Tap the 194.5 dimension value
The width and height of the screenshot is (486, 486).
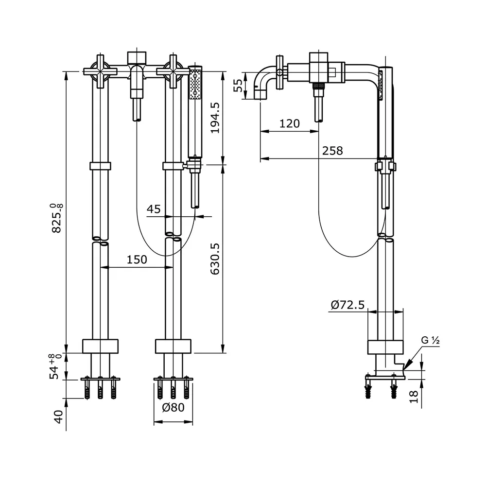tap(215, 118)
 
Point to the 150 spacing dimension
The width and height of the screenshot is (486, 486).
tap(137, 260)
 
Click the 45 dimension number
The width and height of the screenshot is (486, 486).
tap(154, 209)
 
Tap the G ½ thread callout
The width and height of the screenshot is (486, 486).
tap(430, 341)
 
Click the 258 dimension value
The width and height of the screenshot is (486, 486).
tap(332, 151)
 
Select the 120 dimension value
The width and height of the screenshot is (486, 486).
tap(290, 123)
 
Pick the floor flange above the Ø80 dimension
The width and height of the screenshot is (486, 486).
tap(173, 379)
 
